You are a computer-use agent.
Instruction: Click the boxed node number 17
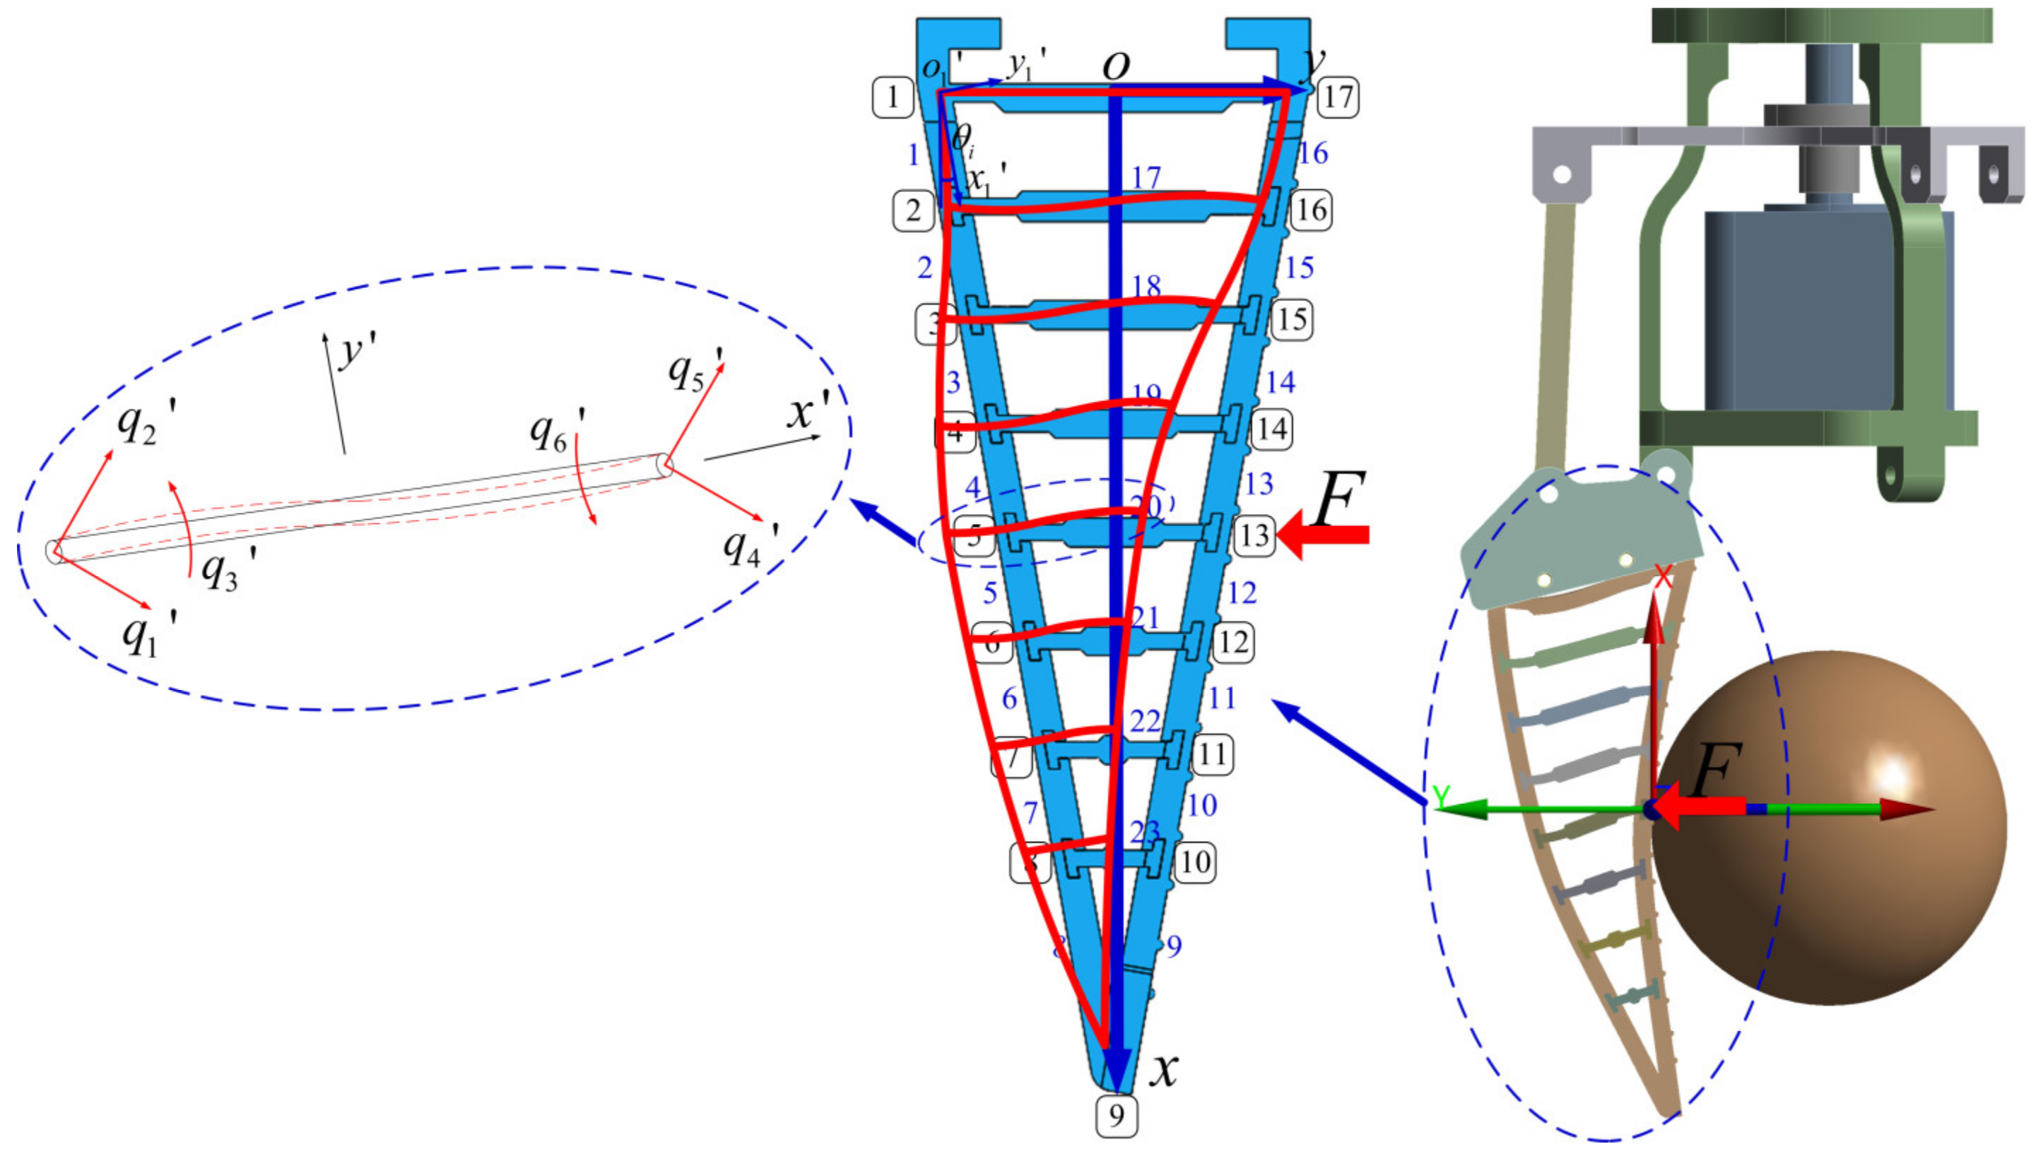pyautogui.click(x=1338, y=97)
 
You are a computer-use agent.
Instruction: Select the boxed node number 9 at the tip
pyautogui.click(x=1116, y=1116)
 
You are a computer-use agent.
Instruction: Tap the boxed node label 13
pyautogui.click(x=1254, y=535)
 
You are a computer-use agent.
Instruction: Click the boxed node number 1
pyautogui.click(x=893, y=97)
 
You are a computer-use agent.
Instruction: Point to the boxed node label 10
pyautogui.click(x=1194, y=862)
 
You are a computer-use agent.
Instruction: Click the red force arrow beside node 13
pyautogui.click(x=1324, y=535)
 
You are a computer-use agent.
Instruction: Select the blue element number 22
pyautogui.click(x=1145, y=721)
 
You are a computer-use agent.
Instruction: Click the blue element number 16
pyautogui.click(x=1313, y=153)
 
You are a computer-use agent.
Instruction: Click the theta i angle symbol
pyautogui.click(x=962, y=141)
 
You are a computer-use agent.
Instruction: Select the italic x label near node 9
pyautogui.click(x=1164, y=1069)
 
